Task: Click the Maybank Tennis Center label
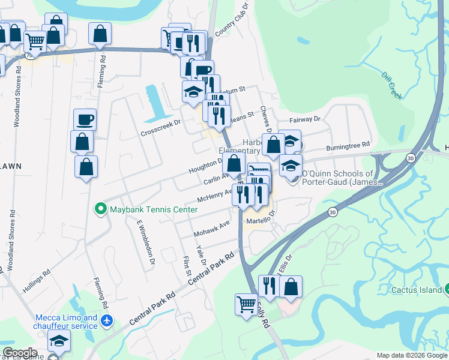pos(153,209)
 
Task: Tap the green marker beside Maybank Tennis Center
pos(101,209)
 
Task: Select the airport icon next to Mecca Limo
pos(107,321)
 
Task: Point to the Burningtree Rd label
pos(348,147)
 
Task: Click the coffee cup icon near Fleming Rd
pos(85,119)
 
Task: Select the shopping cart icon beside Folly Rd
pos(246,304)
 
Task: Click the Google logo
pos(20,353)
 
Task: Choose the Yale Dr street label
pos(200,254)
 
